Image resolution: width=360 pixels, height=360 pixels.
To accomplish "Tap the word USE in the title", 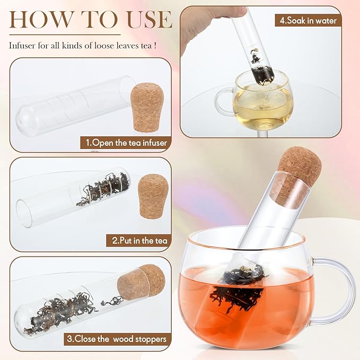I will coord(144,20).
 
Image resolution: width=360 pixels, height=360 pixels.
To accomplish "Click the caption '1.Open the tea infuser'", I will coord(125,143).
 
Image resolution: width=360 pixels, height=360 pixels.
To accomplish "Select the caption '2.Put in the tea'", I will coord(139,241).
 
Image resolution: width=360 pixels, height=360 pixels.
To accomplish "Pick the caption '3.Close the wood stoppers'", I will coord(125,339).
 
